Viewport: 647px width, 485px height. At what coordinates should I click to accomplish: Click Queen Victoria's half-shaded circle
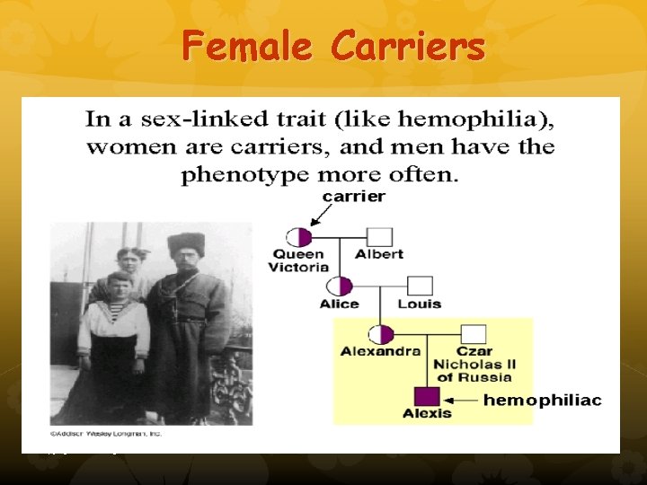(298, 237)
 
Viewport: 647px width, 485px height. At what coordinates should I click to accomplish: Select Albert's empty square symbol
(380, 237)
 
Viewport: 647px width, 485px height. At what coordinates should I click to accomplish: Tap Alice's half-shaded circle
(339, 287)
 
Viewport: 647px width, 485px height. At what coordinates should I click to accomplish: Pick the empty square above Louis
(421, 287)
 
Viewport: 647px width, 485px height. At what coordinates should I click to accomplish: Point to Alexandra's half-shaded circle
(381, 335)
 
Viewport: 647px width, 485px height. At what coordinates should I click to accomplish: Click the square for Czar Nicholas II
(474, 335)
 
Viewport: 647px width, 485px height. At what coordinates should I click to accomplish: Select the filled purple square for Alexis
(427, 396)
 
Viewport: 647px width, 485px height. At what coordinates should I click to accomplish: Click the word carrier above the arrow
(354, 196)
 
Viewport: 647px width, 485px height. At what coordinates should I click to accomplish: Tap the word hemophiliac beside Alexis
(543, 400)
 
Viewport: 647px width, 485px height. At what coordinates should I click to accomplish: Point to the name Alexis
(427, 413)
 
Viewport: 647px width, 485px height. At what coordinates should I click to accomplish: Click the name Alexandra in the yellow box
(380, 351)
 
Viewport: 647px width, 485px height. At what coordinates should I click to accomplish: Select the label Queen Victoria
(299, 260)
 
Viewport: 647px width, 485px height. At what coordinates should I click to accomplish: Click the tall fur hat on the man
(187, 244)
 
